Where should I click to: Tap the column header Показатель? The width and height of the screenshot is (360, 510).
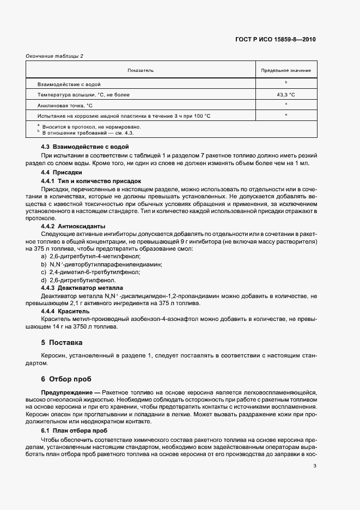point(141,70)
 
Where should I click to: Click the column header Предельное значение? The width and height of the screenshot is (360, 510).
point(286,70)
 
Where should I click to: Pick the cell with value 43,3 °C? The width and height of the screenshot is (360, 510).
point(286,94)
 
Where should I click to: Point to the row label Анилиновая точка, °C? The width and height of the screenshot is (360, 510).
point(65,105)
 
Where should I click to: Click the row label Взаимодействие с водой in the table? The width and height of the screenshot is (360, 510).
point(69,84)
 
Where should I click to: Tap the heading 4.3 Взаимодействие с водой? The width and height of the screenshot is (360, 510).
point(85,147)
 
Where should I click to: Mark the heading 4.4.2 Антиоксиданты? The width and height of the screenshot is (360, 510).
point(74,226)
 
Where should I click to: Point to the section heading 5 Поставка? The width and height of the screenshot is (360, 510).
point(62,343)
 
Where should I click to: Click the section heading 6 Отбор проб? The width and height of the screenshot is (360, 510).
point(66,379)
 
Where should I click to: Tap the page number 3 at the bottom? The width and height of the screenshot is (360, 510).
point(315,465)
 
